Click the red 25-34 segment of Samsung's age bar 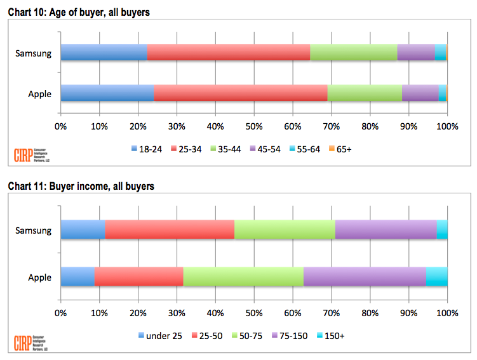pos(229,52)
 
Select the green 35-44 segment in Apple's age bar pos(365,93)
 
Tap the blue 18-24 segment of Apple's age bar pos(107,93)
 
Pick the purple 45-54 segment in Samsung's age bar pos(416,52)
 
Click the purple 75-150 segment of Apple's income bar pos(365,277)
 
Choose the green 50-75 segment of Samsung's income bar pos(285,229)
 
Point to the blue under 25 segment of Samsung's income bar pos(83,229)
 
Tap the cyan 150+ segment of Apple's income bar pos(436,277)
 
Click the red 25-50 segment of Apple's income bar pos(138,277)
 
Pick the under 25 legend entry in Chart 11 pos(159,336)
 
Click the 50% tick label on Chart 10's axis pos(254,126)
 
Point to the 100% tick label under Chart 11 pos(447,312)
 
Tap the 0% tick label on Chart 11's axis pos(61,312)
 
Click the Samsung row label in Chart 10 pos(33,53)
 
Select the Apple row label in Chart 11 pos(39,277)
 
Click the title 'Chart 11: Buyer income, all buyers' pos(81,186)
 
